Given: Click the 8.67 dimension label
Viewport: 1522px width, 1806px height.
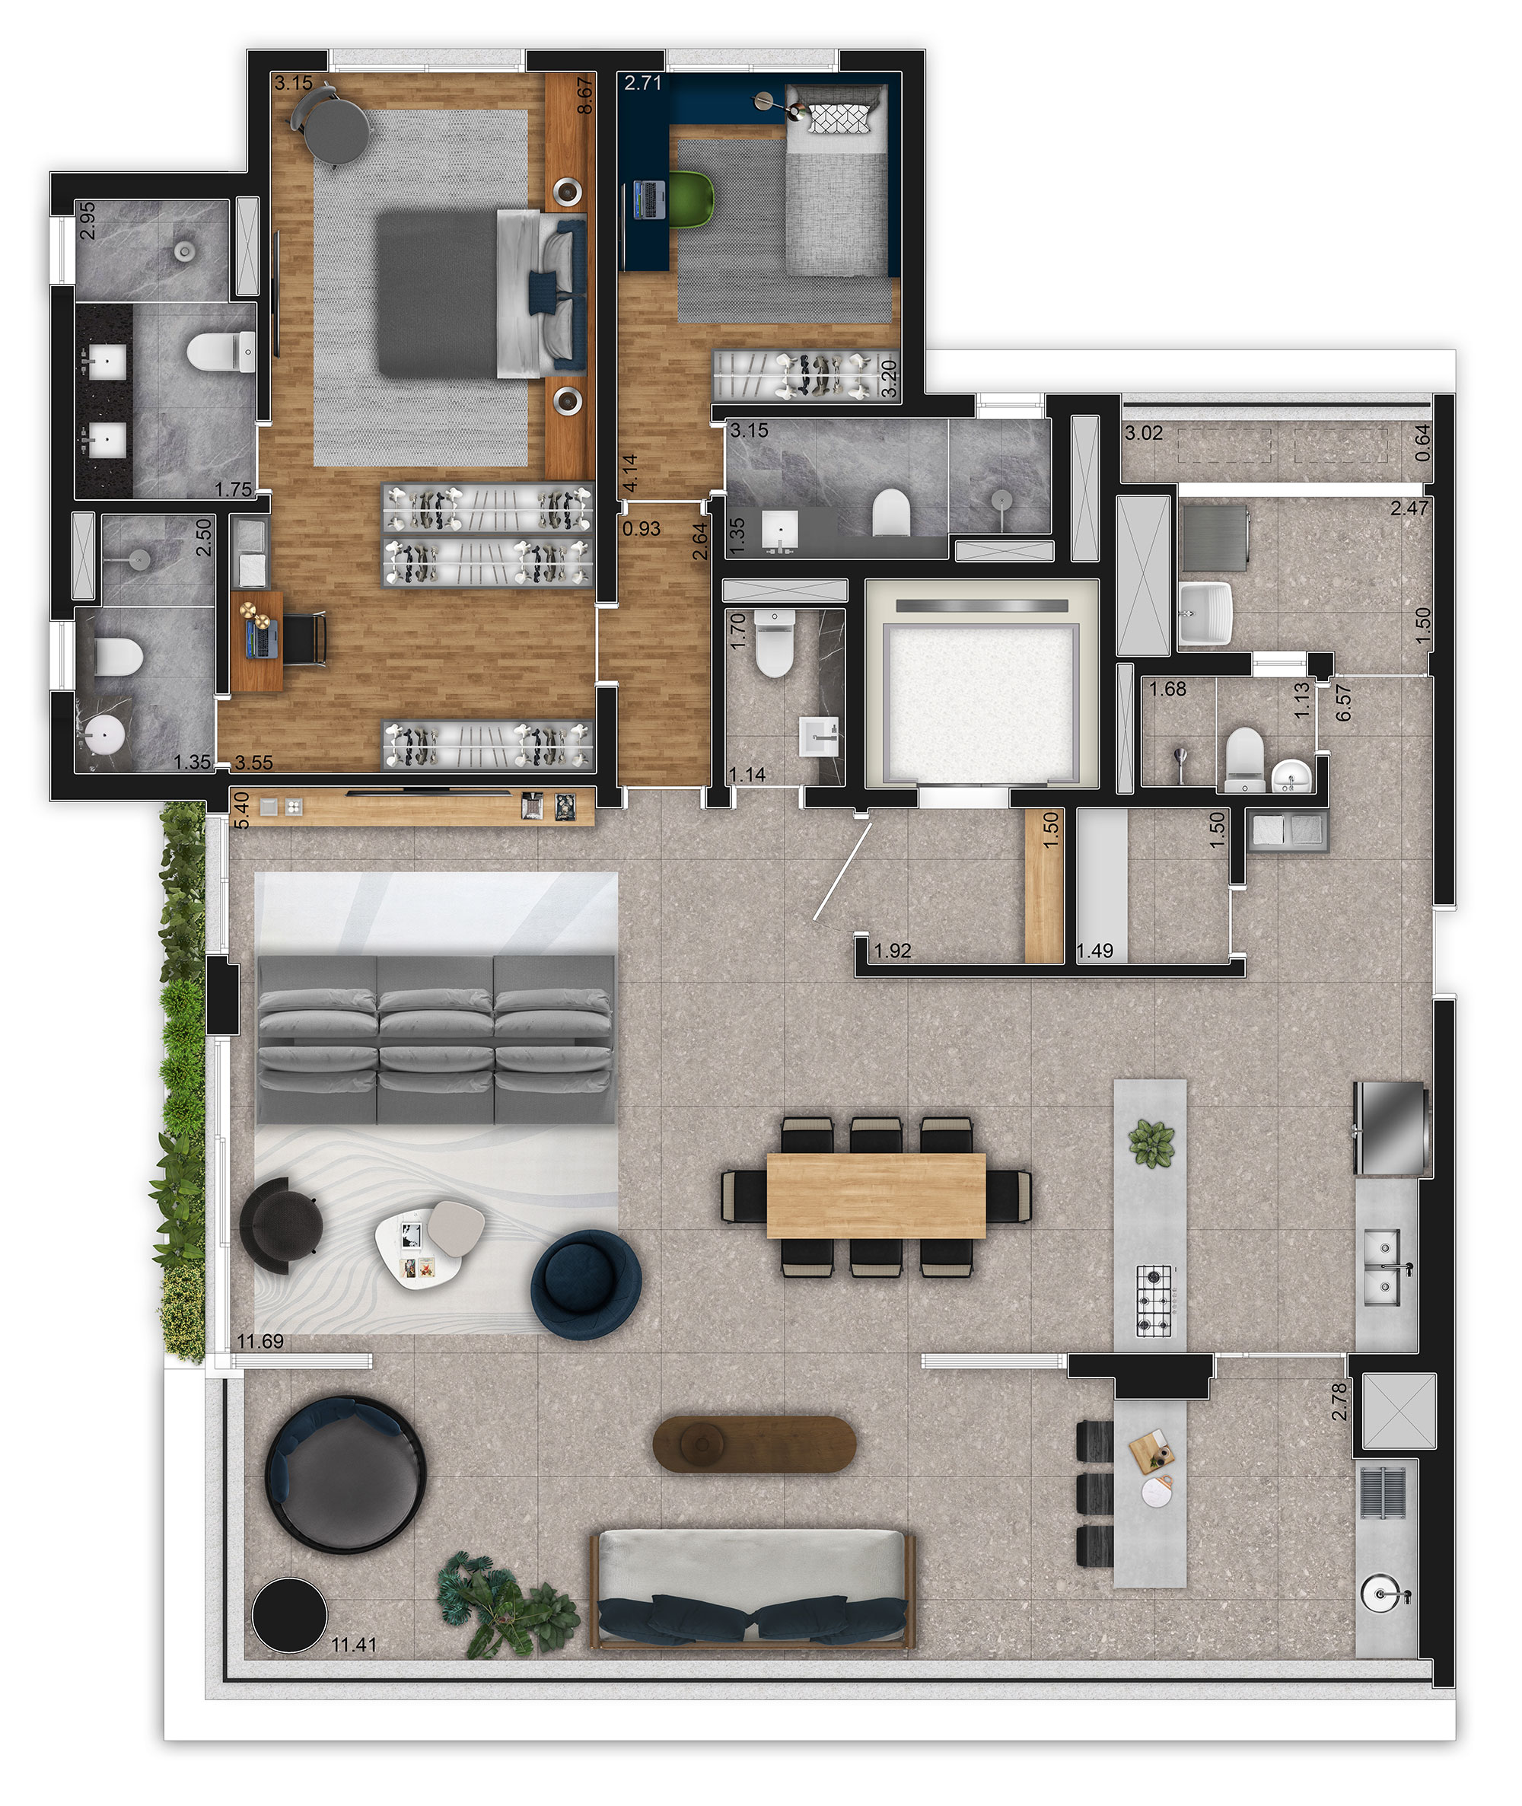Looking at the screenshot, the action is click(585, 96).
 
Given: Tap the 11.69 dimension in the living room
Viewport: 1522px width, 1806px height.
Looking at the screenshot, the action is click(260, 1341).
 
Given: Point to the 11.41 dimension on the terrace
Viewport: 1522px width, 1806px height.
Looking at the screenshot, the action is click(354, 1645).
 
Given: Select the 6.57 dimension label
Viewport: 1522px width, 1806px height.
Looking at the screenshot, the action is click(1342, 703).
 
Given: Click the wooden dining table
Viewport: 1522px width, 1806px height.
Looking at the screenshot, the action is click(876, 1195).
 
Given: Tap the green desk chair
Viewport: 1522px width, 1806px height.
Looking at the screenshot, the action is click(692, 199).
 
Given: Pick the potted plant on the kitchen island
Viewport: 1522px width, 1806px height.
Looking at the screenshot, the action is click(1151, 1144).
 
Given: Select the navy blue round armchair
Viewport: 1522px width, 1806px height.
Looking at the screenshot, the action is click(586, 1284).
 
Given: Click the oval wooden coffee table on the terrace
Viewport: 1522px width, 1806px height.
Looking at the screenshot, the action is click(754, 1442).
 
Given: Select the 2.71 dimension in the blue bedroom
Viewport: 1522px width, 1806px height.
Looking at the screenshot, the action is click(643, 84).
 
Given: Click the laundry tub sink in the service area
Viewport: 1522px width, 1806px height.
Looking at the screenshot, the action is click(1205, 613).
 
